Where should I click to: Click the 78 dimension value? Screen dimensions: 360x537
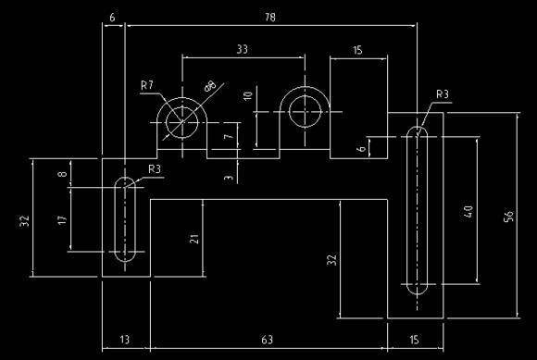pos(269,17)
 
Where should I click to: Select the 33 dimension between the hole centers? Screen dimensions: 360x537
pos(243,48)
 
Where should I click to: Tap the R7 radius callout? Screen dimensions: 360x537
pos(146,85)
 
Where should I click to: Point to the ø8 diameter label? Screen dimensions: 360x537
pos(211,87)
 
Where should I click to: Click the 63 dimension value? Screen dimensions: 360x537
pos(268,340)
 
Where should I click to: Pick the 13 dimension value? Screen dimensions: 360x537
pos(125,340)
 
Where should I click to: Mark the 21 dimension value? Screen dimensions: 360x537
pos(194,238)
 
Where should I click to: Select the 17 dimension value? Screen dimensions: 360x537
pos(62,220)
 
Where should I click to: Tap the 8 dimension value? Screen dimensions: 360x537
pos(62,174)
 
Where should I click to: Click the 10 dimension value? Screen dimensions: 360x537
pos(247,96)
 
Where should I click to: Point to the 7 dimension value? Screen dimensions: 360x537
pos(228,138)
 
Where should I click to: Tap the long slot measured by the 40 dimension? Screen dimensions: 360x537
pos(416,211)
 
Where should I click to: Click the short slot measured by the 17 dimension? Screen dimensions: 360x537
pos(125,219)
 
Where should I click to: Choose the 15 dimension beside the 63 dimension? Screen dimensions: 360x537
pos(414,340)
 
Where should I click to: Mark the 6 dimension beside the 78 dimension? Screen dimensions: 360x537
pos(112,17)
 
